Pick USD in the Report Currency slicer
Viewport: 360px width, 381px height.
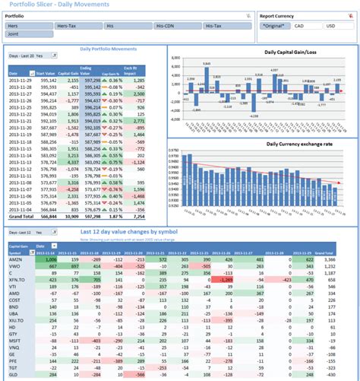tap(331, 26)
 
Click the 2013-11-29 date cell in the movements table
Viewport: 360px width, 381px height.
tap(22, 78)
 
